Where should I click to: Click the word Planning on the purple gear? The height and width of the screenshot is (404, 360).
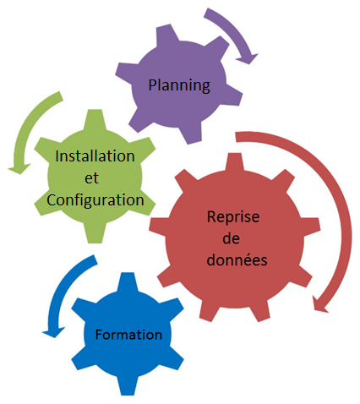point(179,85)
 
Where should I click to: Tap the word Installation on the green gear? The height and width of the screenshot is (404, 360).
point(95,156)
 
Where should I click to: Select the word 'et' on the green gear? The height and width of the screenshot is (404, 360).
point(91,178)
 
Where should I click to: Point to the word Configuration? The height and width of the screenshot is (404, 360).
point(95,200)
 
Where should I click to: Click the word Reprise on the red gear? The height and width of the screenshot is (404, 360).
point(233,217)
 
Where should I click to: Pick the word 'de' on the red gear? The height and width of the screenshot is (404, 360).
point(232,238)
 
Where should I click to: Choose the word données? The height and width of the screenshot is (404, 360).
point(237,259)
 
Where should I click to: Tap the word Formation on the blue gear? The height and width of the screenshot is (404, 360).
point(128,335)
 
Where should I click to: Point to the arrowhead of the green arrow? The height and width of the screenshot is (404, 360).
point(19,169)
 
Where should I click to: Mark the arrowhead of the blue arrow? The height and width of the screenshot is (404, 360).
point(53,332)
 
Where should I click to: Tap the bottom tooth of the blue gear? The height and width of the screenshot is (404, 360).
point(128,385)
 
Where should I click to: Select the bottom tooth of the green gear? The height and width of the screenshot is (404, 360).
point(95,233)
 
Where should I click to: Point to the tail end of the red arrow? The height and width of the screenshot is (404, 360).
point(236,137)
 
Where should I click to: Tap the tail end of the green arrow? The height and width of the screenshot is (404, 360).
point(60,96)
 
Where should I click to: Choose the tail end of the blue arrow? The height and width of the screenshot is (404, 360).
point(94,259)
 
